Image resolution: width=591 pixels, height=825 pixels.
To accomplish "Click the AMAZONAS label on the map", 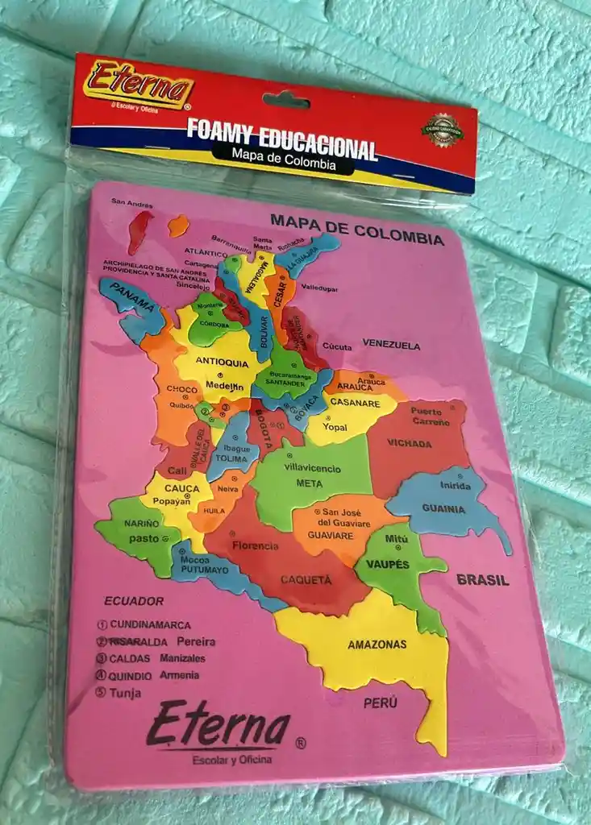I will [x=377, y=645].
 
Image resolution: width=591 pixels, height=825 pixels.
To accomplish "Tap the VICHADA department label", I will [x=410, y=442].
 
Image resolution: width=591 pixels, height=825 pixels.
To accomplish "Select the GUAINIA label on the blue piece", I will [x=443, y=509].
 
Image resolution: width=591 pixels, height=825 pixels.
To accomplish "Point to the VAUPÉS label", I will [x=388, y=564].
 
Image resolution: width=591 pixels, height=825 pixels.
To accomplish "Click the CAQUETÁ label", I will [x=306, y=579].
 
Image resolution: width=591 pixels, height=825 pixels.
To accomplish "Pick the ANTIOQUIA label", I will [x=222, y=363].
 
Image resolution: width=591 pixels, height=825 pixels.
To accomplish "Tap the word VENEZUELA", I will [x=391, y=345].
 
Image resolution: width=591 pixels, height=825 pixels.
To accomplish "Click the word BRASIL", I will [x=482, y=579].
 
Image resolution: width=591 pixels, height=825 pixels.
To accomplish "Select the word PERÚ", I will [x=380, y=703].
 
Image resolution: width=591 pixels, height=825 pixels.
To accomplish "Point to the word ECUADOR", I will [x=134, y=601].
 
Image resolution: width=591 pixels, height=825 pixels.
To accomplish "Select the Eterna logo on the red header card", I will [x=139, y=84].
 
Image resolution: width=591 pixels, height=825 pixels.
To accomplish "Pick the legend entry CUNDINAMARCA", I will [x=150, y=624].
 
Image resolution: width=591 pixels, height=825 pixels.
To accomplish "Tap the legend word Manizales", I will [x=182, y=658].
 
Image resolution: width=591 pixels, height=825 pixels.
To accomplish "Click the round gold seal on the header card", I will [x=442, y=131].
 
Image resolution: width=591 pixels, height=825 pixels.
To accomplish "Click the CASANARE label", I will [x=355, y=403].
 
